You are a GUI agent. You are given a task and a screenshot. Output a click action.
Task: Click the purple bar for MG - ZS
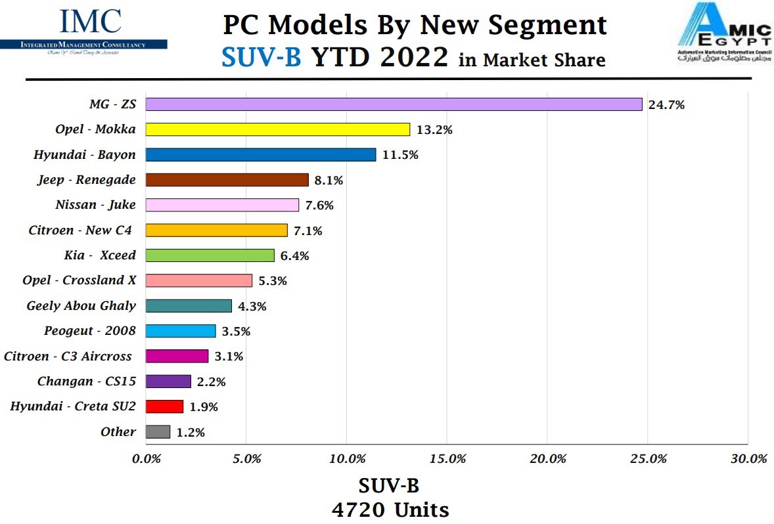394,104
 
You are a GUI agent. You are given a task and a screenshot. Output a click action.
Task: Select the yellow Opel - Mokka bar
277,129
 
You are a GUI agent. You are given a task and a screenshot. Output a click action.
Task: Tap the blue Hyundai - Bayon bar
260,155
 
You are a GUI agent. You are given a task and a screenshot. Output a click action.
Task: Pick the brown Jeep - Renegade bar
227,180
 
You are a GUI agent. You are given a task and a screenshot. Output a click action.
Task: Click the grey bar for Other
158,432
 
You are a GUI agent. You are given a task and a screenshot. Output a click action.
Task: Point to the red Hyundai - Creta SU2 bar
164,406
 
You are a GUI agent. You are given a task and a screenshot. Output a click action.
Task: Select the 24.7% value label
666,104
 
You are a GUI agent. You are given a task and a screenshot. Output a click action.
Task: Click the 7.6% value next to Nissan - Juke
319,206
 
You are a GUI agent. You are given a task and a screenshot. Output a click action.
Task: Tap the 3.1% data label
229,357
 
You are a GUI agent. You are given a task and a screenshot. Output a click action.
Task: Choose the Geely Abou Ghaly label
81,306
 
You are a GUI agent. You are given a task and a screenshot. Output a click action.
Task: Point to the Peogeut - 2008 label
90,331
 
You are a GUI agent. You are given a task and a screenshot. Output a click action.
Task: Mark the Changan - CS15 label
87,382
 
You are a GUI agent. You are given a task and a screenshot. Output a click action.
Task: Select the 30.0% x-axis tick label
748,459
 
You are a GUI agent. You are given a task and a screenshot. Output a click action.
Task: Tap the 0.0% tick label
147,459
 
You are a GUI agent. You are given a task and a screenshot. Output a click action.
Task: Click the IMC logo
90,30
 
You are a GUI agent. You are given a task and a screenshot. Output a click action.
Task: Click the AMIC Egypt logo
724,33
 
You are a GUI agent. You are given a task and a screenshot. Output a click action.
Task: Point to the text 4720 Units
389,510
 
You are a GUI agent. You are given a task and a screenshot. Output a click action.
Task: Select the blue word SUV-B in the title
262,58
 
